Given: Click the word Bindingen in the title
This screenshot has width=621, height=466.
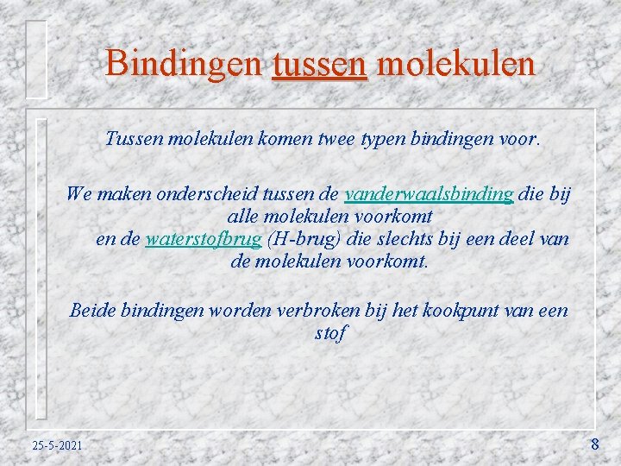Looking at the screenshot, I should pyautogui.click(x=184, y=63).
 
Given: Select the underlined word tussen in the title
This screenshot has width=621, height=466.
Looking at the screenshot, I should pyautogui.click(x=319, y=63).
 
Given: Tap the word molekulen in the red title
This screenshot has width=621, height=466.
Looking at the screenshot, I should pyautogui.click(x=456, y=63).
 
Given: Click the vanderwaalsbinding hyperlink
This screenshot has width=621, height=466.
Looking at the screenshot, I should pyautogui.click(x=429, y=194).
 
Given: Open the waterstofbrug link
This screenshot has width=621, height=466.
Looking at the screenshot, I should pyautogui.click(x=203, y=239).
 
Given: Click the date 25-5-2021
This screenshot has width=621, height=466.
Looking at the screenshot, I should pyautogui.click(x=57, y=445).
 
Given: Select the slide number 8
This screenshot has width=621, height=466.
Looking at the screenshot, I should pyautogui.click(x=594, y=444).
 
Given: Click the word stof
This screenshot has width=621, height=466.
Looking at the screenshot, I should pyautogui.click(x=330, y=331).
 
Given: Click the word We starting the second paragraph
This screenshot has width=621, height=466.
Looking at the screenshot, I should pyautogui.click(x=79, y=194).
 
